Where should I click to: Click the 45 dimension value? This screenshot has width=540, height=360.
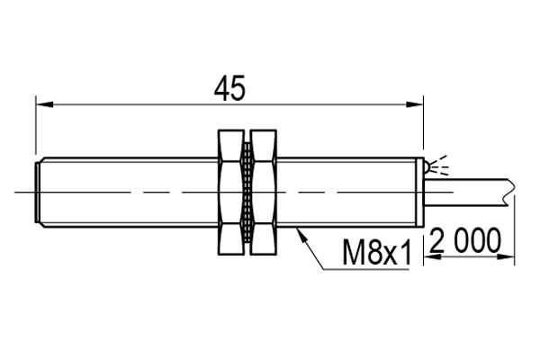pyautogui.click(x=229, y=87)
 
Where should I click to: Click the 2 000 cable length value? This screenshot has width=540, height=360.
pyautogui.click(x=464, y=241)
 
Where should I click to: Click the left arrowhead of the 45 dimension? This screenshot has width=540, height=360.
pyautogui.click(x=41, y=104)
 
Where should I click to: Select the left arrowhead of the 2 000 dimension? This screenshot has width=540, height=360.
pyautogui.click(x=430, y=256)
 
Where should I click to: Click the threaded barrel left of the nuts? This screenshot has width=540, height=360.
pyautogui.click(x=126, y=192)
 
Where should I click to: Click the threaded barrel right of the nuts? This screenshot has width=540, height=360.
pyautogui.click(x=351, y=192)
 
